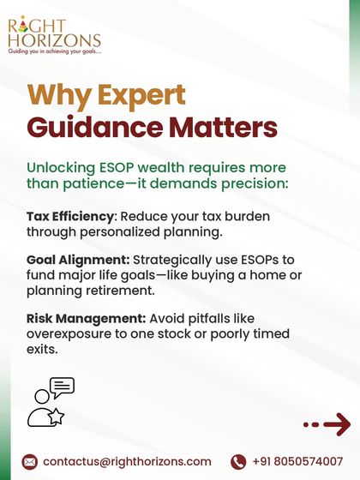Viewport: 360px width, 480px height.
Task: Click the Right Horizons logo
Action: (54, 33)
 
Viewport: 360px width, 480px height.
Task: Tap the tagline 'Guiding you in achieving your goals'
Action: (55, 51)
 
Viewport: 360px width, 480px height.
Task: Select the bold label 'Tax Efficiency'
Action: (68, 216)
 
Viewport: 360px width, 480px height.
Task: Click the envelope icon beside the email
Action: (29, 461)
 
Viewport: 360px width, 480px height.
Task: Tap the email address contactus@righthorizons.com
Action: (127, 461)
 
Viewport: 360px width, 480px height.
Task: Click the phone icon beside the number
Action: (238, 461)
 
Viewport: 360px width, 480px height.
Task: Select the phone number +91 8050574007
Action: (297, 461)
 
